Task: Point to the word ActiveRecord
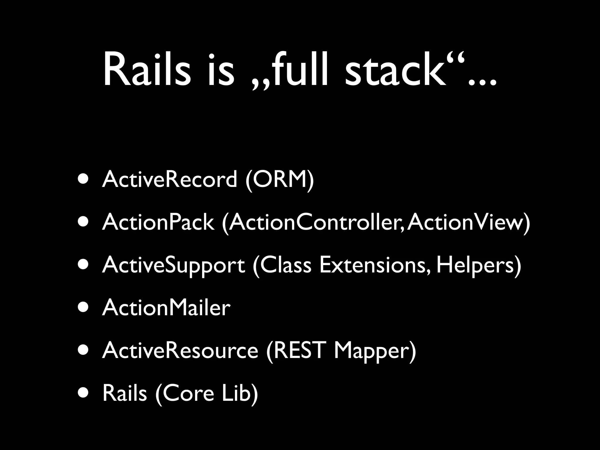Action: (x=169, y=179)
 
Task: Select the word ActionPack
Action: (x=158, y=222)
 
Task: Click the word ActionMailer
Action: (x=166, y=308)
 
